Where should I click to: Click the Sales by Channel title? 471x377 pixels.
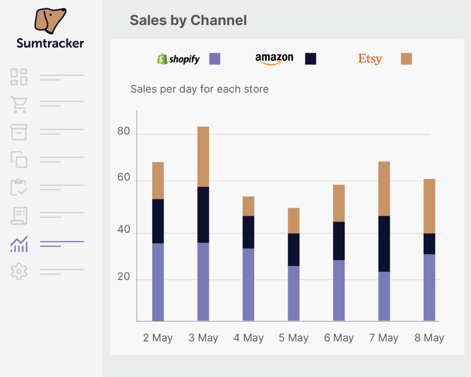click(188, 20)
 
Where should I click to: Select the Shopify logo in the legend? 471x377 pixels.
click(178, 59)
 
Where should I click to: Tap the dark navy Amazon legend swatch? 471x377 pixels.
click(310, 59)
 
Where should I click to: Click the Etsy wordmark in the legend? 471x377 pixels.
click(369, 59)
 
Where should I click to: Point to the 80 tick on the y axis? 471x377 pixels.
click(124, 131)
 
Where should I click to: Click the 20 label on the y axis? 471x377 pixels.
click(124, 277)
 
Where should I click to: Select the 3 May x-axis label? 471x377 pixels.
click(203, 338)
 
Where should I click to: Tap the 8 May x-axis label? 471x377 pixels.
click(429, 338)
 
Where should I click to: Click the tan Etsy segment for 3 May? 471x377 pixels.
click(203, 157)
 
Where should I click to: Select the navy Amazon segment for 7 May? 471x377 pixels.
click(384, 244)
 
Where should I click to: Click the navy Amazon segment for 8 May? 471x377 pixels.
click(429, 244)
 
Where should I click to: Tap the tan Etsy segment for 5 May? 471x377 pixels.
click(294, 220)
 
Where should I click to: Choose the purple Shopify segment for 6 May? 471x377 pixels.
click(339, 290)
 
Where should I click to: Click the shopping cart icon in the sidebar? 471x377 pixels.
click(19, 104)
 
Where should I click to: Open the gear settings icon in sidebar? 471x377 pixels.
click(19, 272)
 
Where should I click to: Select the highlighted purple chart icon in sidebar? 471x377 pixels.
click(19, 244)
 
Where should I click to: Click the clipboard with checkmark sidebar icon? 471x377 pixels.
click(19, 188)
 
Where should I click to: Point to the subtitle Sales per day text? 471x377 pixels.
click(199, 89)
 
